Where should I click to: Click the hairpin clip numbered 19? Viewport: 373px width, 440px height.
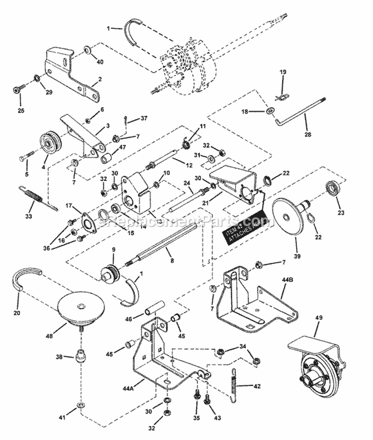[x=281, y=95]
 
